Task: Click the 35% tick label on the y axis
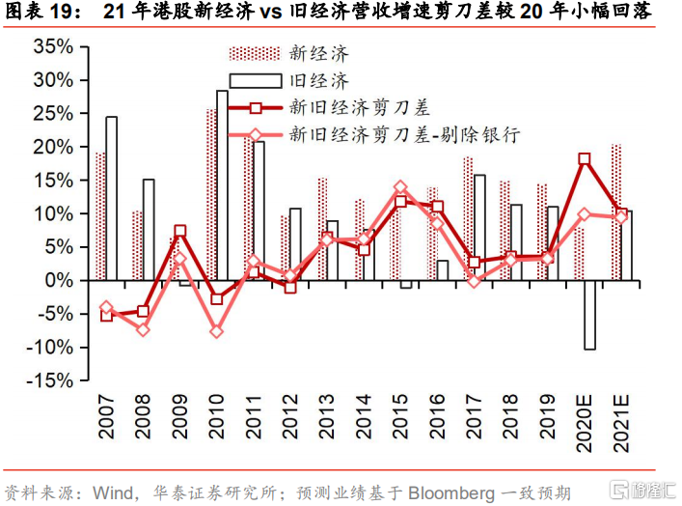[x=53, y=46]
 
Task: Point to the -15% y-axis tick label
[x=49, y=380]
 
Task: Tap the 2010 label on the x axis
[x=216, y=417]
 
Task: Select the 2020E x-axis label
[x=584, y=424]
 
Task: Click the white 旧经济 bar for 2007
[x=111, y=198]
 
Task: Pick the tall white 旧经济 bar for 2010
[x=222, y=185]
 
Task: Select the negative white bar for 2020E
[x=589, y=315]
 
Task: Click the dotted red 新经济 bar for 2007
[x=100, y=216]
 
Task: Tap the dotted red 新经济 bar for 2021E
[x=615, y=212]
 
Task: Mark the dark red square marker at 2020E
[x=585, y=158]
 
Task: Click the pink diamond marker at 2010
[x=217, y=331]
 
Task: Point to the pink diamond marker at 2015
[x=400, y=187]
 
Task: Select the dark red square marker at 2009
[x=180, y=231]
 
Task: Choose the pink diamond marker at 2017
[x=474, y=281]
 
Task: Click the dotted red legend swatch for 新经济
[x=255, y=53]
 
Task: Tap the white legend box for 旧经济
[x=256, y=81]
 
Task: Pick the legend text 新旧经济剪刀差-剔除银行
[x=404, y=134]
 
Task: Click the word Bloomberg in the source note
[x=451, y=493]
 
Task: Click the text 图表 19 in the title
[x=39, y=11]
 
